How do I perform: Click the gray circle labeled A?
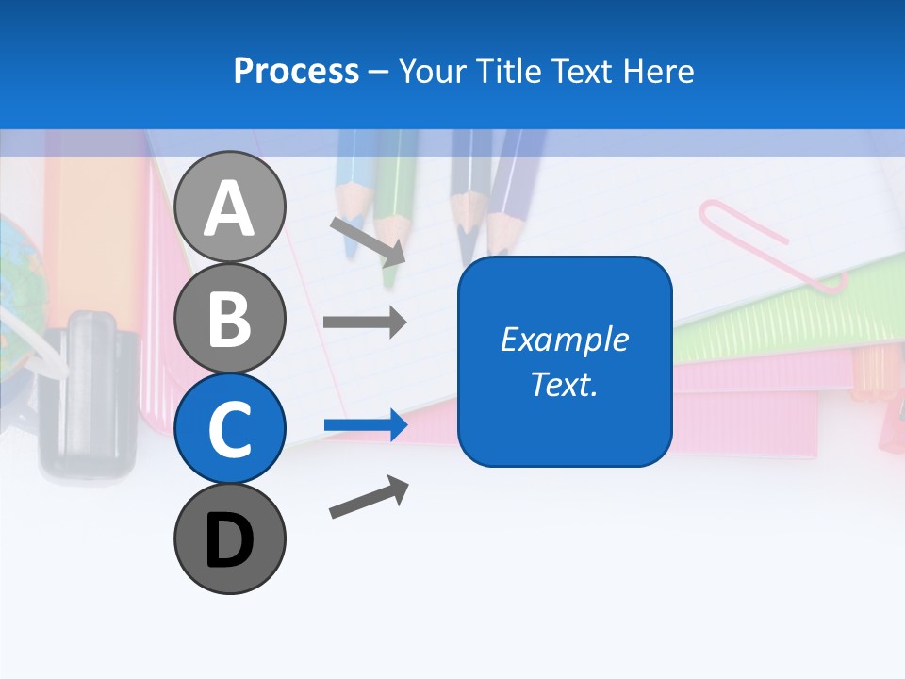click(229, 207)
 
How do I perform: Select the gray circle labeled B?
click(229, 318)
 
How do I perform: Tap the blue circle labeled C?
click(229, 428)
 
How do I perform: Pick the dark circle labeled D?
click(229, 538)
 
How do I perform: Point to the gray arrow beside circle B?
click(365, 323)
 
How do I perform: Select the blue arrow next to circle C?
click(366, 425)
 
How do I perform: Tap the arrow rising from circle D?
click(369, 497)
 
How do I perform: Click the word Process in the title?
click(296, 71)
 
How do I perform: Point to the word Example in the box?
click(564, 339)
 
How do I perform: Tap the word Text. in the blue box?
click(564, 384)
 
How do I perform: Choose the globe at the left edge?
click(14, 273)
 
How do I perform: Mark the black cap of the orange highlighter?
click(87, 396)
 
